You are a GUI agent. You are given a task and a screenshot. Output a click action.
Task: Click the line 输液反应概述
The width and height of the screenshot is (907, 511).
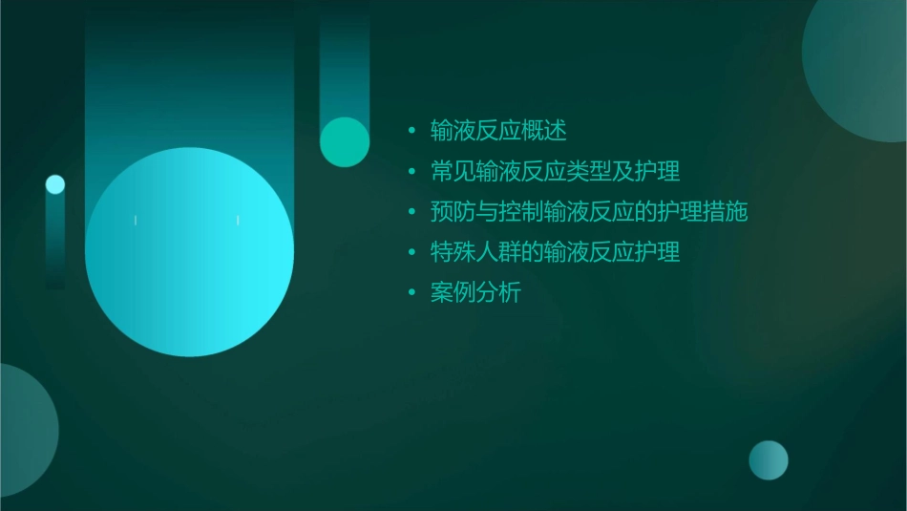tap(499, 130)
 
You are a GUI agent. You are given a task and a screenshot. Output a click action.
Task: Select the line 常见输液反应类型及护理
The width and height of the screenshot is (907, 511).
tap(556, 172)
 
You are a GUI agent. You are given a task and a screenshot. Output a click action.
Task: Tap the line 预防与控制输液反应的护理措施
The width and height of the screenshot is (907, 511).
tap(589, 212)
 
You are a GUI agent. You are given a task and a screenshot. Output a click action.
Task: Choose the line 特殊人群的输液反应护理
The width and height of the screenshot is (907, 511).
tap(556, 253)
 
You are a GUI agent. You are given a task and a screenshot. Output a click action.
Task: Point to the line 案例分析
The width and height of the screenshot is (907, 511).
tap(476, 293)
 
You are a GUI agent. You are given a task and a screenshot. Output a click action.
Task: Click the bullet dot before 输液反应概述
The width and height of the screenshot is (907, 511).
tap(411, 131)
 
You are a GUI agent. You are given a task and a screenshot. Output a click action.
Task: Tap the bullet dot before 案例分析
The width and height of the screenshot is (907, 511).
tap(411, 294)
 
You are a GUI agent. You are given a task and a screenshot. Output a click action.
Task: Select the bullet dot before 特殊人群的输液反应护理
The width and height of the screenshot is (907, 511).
tap(411, 254)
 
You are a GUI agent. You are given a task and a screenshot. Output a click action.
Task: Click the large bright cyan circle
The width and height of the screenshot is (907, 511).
tap(189, 251)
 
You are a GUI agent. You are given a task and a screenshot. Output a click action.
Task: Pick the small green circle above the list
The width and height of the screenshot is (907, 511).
tap(345, 141)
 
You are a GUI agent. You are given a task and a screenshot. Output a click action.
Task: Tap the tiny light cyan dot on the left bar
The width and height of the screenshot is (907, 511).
tap(55, 184)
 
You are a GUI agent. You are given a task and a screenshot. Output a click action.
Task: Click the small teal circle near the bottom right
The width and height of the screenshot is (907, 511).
tap(769, 460)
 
